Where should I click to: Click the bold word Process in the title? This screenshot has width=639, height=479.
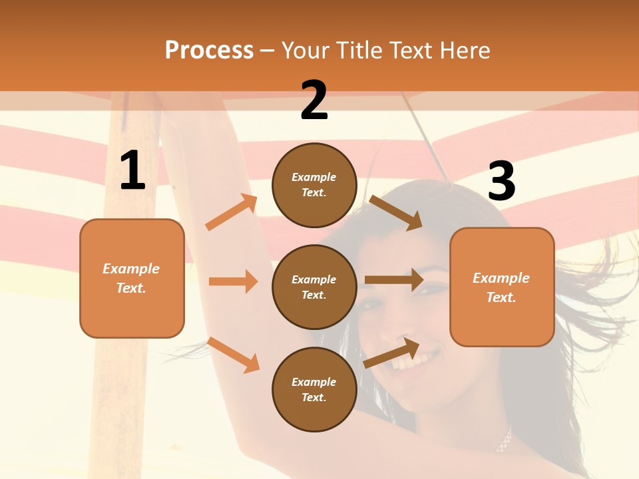point(209,50)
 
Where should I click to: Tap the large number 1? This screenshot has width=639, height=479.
point(132,171)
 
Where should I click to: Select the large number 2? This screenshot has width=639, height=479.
point(314,100)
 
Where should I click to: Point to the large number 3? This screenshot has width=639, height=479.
point(501,181)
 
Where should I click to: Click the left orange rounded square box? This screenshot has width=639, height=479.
point(132,278)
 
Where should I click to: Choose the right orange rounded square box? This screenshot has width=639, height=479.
point(502,287)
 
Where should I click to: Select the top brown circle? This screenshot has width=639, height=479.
point(314,185)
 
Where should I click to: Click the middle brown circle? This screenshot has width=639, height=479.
point(314,287)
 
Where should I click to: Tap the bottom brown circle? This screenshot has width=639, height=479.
point(314,389)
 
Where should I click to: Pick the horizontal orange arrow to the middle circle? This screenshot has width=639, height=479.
point(233,281)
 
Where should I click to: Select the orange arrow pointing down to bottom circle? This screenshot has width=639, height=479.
point(234,355)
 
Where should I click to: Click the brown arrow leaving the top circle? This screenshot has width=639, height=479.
point(396,212)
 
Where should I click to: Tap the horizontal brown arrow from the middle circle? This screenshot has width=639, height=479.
point(394,279)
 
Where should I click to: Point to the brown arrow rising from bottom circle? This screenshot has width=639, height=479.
point(392,353)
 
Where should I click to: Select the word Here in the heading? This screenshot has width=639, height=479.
point(465,50)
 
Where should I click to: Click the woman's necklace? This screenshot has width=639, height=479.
point(505,440)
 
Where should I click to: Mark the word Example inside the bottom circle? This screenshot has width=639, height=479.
point(314,382)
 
